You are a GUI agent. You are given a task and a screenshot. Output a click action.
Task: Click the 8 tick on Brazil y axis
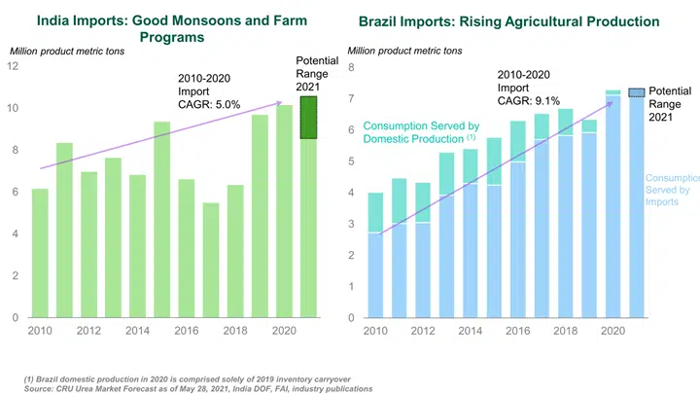(x=351, y=67)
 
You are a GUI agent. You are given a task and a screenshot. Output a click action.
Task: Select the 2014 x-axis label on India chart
(x=138, y=331)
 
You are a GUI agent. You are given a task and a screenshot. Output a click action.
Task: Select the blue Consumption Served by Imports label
(x=672, y=190)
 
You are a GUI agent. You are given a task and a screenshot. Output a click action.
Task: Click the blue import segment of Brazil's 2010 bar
(x=374, y=274)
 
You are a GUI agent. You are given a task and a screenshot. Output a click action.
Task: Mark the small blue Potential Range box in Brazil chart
(x=636, y=92)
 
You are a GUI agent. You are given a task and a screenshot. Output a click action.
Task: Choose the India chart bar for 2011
(x=63, y=230)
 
